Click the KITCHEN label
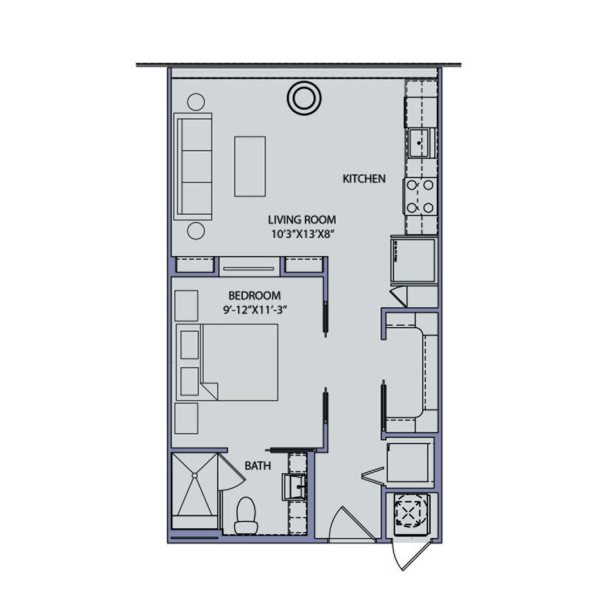tap(364, 179)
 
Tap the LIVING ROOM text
tap(302, 220)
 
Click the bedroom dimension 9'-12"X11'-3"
tap(255, 309)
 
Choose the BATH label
tap(258, 466)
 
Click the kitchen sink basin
tap(419, 143)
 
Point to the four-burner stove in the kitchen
tap(420, 195)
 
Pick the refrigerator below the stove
tap(413, 260)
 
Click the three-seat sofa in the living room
tap(193, 166)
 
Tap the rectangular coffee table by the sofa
tap(250, 166)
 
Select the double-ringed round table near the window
tap(303, 98)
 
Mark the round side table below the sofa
tap(195, 231)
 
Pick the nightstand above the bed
tap(186, 305)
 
